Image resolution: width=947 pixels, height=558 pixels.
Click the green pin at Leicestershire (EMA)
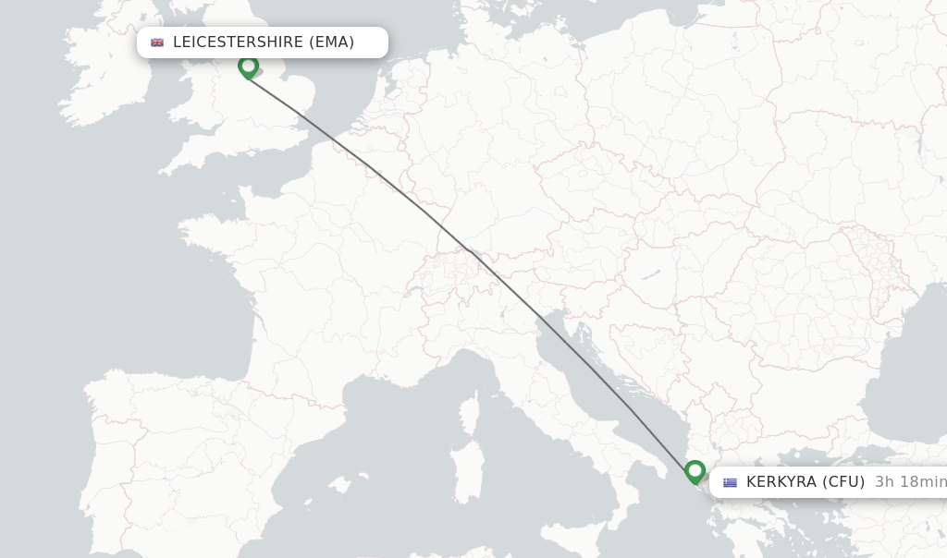(x=248, y=67)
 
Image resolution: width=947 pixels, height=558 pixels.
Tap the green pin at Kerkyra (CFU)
(x=695, y=471)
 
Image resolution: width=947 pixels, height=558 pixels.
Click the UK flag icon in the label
(x=157, y=42)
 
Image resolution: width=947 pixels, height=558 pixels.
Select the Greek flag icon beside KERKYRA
(x=731, y=482)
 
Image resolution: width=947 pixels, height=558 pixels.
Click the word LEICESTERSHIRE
(x=238, y=42)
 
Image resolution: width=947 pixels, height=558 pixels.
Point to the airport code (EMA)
(x=331, y=42)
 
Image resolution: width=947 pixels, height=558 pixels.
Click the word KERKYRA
(x=781, y=482)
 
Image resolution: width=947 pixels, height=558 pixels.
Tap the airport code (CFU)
(x=843, y=482)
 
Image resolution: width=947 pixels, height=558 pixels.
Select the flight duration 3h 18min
(x=910, y=482)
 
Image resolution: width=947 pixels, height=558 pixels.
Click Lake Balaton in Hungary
(x=653, y=274)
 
